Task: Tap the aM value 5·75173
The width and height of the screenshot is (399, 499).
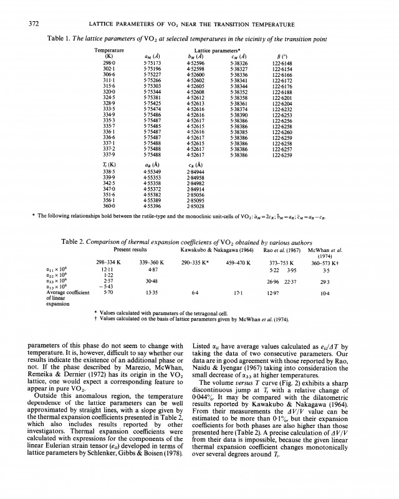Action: tap(152, 63)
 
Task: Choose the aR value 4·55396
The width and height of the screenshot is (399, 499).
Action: tap(153, 205)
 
